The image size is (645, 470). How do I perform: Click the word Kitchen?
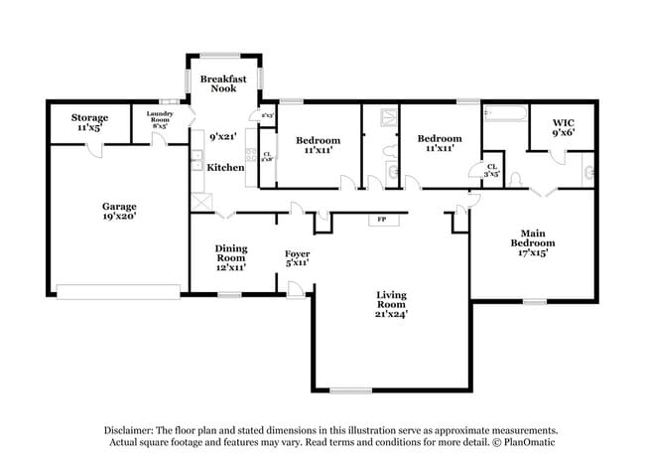[225, 167]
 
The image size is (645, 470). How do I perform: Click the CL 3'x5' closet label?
[490, 170]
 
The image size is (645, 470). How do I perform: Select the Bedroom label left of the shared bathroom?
[319, 145]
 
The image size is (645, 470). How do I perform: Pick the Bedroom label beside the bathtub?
[439, 143]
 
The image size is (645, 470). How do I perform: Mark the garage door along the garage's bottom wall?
[118, 291]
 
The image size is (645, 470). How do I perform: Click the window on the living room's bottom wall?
[350, 390]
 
